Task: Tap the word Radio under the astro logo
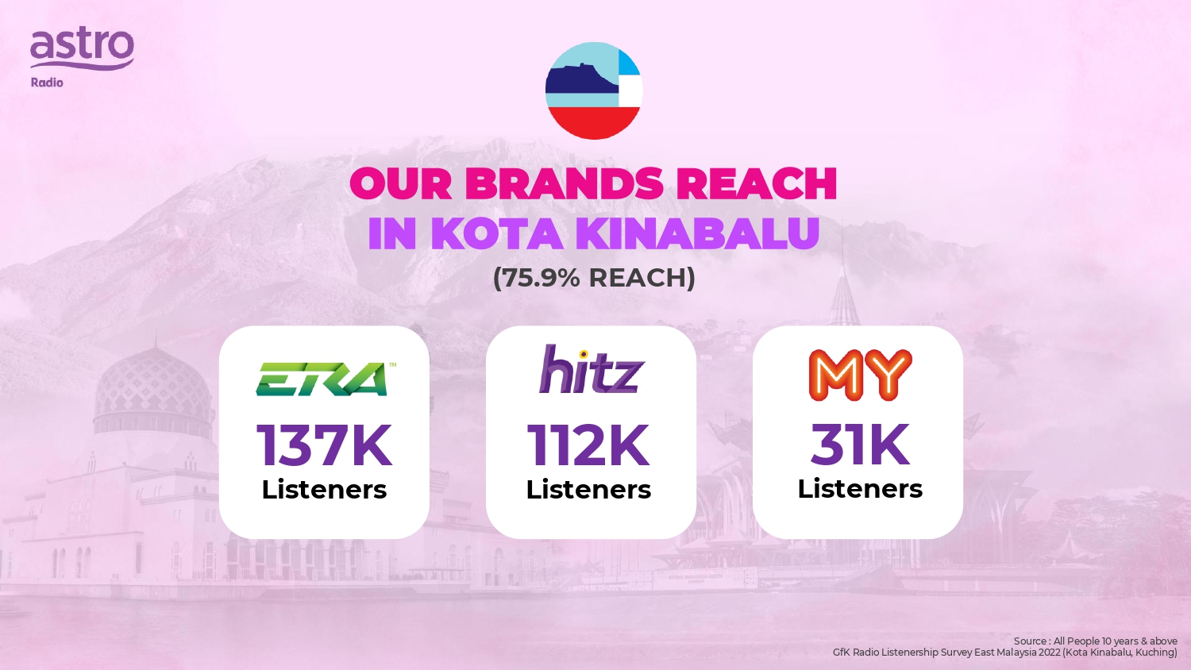point(47,83)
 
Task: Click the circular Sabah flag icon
point(594,91)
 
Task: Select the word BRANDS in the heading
point(564,183)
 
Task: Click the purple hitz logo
point(592,369)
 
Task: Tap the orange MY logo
point(860,375)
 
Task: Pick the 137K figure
point(324,445)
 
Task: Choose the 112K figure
point(588,445)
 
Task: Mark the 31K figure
point(860,444)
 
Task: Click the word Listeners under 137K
point(324,489)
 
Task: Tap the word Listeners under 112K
point(588,489)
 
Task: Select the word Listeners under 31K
point(860,488)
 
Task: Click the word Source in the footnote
point(1029,641)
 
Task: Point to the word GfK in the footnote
point(841,653)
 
